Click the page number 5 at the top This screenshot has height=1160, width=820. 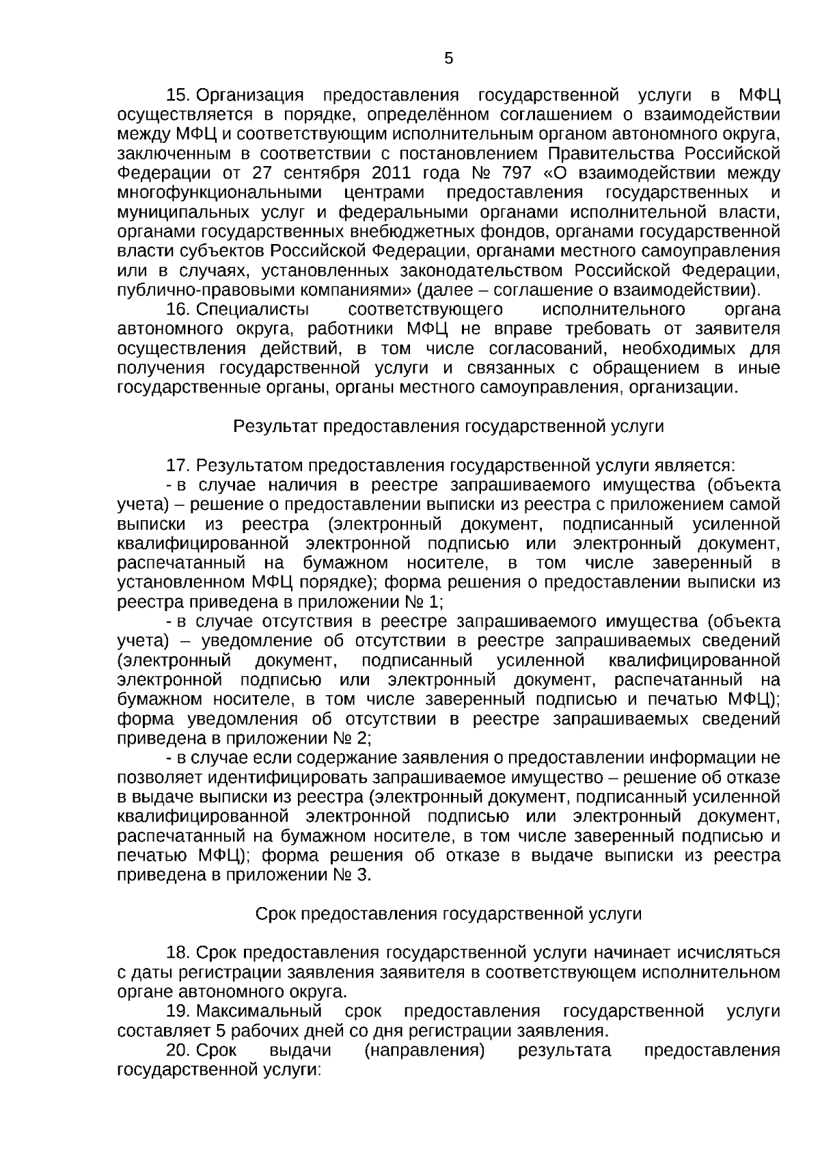click(448, 59)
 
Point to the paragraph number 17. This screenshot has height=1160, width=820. click(177, 466)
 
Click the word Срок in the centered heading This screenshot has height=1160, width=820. click(276, 914)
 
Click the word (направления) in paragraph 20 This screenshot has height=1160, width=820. click(425, 1050)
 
